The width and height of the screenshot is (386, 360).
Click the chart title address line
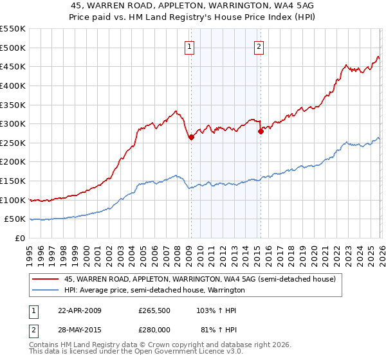pyautogui.click(x=193, y=5)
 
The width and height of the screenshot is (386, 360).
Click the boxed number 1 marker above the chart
pyautogui.click(x=190, y=46)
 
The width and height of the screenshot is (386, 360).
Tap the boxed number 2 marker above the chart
pyautogui.click(x=259, y=46)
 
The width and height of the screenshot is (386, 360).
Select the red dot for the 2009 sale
pyautogui.click(x=191, y=137)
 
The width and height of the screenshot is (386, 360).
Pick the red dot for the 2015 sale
pyautogui.click(x=261, y=131)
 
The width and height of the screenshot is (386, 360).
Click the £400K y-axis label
pyautogui.click(x=13, y=85)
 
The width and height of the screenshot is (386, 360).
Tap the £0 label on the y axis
pyautogui.click(x=19, y=238)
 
